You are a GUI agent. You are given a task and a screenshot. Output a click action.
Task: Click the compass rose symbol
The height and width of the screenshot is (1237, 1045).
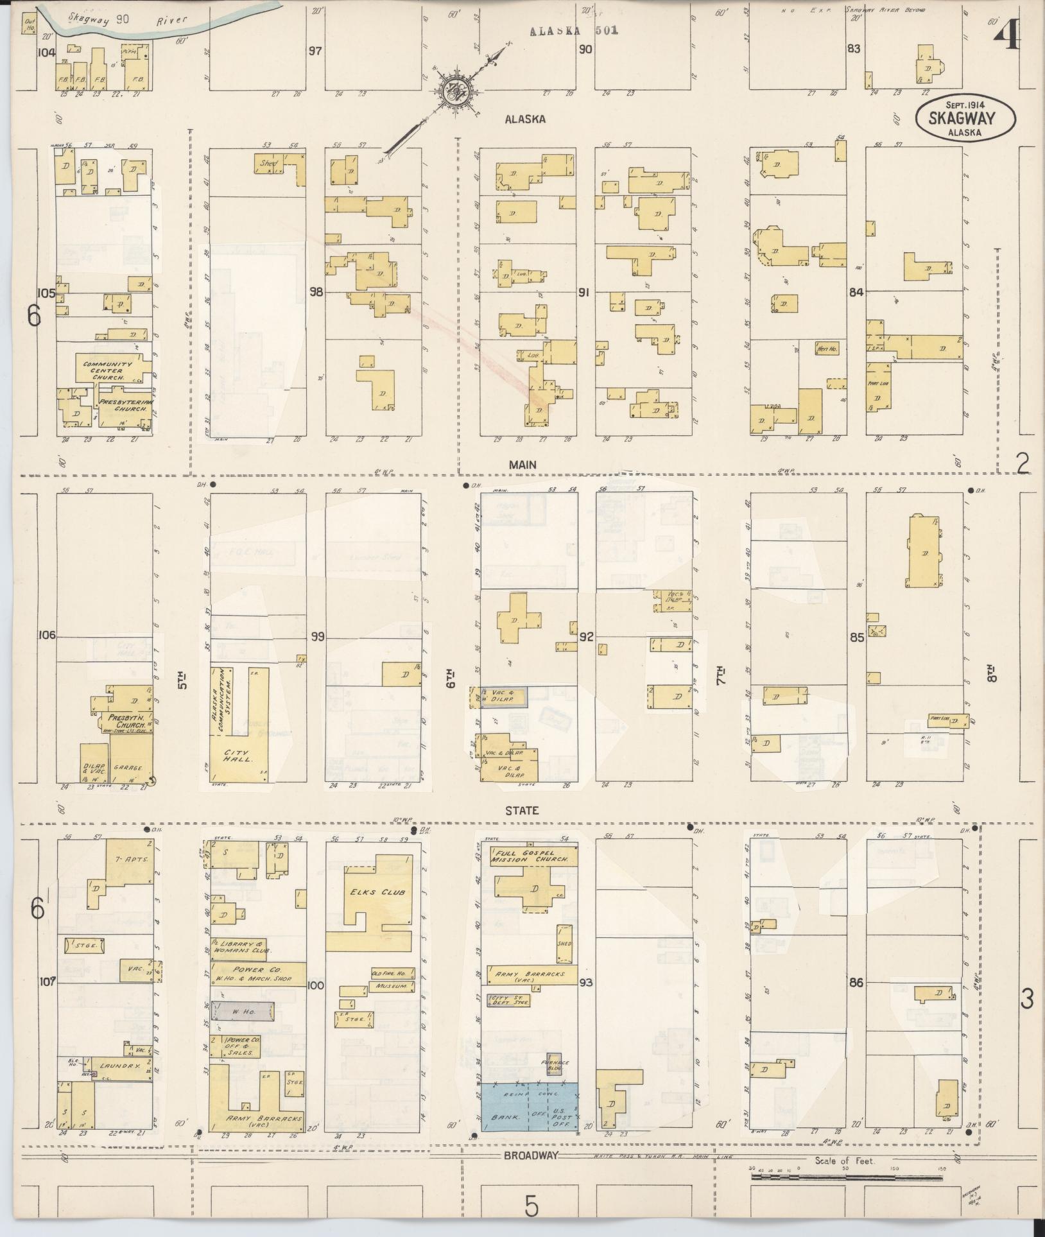[x=457, y=91]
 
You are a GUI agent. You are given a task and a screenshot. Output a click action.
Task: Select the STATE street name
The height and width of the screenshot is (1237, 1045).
[x=521, y=811]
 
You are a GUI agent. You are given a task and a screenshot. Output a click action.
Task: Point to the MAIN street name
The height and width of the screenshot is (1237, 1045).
[x=522, y=464]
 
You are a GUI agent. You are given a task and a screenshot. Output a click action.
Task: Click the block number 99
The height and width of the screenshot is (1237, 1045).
[x=317, y=636]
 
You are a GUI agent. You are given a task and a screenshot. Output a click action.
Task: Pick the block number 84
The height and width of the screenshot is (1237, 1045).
[x=856, y=292]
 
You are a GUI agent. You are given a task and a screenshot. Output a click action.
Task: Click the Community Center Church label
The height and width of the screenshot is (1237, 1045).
[x=107, y=370]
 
